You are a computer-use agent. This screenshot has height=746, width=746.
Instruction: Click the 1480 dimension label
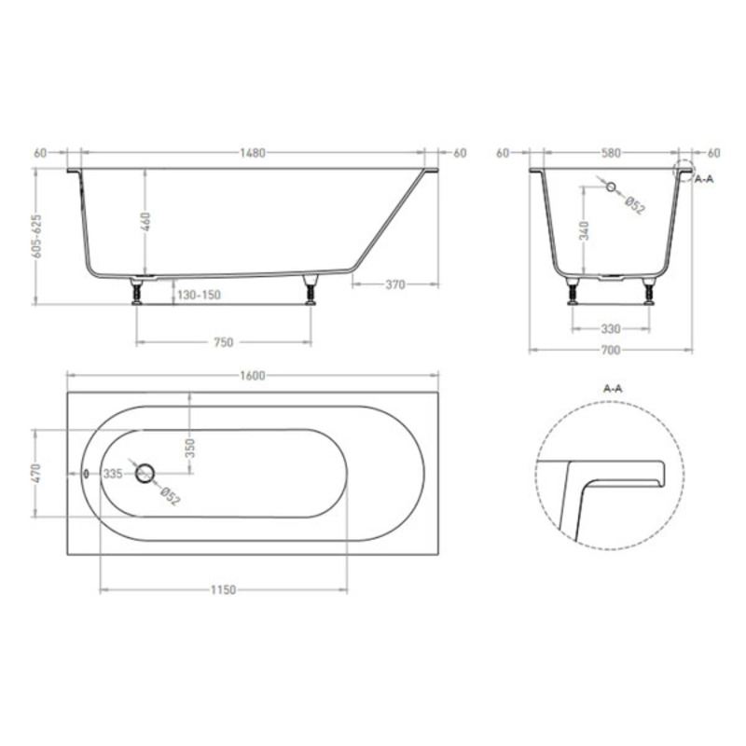click(252, 153)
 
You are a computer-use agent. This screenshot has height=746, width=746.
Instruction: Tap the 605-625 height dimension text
click(36, 237)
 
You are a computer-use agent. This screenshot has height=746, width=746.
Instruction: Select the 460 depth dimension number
click(146, 222)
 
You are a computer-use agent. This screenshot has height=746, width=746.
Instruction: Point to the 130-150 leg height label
click(199, 295)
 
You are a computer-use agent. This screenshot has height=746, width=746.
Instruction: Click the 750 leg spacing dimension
click(224, 342)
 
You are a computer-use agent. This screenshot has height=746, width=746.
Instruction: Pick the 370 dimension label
click(395, 284)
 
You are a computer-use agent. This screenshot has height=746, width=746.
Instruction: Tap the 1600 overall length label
click(252, 376)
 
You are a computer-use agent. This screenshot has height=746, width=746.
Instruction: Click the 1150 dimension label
click(223, 590)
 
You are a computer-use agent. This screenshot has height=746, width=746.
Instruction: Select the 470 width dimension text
click(37, 473)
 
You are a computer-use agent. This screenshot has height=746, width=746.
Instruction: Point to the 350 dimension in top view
click(190, 448)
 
